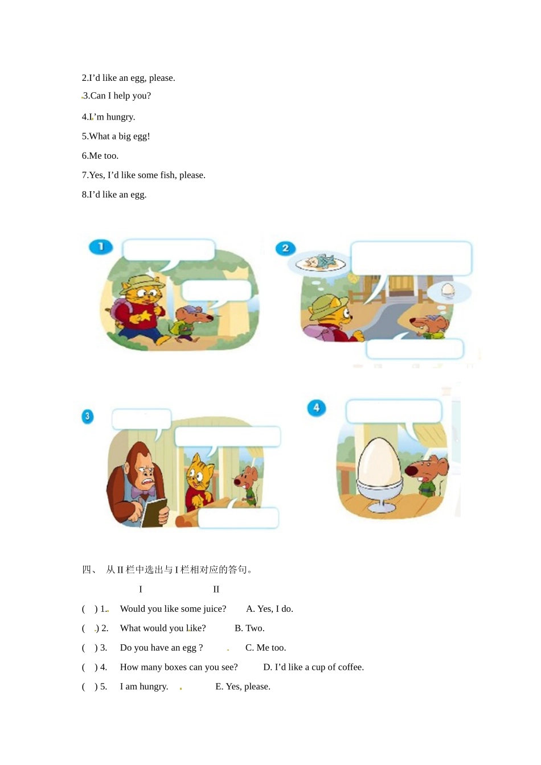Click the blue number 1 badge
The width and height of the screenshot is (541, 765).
101,247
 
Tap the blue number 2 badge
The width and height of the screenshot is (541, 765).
285,248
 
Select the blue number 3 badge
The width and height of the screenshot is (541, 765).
88,417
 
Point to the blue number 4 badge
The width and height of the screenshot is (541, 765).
317,408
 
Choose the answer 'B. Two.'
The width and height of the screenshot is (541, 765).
249,628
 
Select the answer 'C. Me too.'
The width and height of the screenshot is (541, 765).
265,648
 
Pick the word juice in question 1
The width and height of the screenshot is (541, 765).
214,609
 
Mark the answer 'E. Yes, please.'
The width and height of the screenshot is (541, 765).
243,686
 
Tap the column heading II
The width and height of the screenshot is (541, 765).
216,589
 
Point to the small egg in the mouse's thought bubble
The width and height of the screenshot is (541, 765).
447,290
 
